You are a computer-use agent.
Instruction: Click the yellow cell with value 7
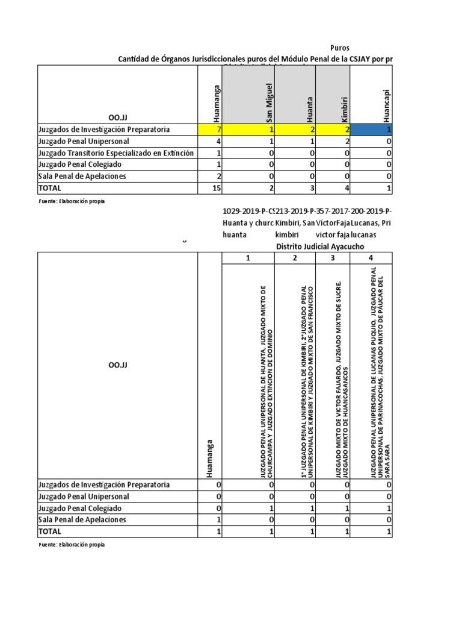tap(210, 130)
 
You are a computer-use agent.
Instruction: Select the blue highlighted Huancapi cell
tap(373, 130)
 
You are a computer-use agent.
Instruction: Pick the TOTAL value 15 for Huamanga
tap(210, 188)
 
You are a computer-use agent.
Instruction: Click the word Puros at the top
tap(340, 48)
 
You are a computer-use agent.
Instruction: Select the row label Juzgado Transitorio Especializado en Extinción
tap(115, 153)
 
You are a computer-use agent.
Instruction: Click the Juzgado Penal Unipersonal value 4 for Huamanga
tap(210, 142)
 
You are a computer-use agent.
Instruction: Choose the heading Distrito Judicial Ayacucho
tap(319, 247)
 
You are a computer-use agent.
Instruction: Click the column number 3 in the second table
tap(333, 258)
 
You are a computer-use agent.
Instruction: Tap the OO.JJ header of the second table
tap(118, 365)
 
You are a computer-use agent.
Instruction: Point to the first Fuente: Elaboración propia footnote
tap(71, 201)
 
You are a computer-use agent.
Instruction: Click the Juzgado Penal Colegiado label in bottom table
tap(79, 509)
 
